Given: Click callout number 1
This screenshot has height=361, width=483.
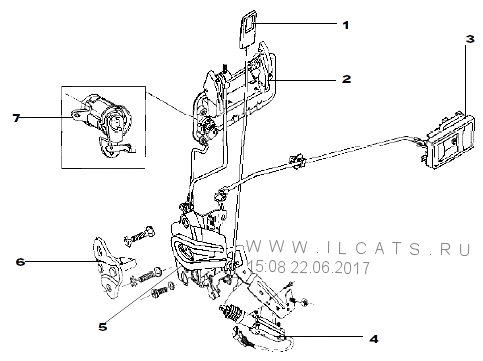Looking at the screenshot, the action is pyautogui.click(x=346, y=25).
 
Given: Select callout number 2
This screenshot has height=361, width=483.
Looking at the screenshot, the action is pyautogui.click(x=346, y=79).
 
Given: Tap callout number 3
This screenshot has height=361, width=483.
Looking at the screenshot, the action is pyautogui.click(x=470, y=39).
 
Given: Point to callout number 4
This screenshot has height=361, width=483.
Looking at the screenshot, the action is pyautogui.click(x=374, y=339).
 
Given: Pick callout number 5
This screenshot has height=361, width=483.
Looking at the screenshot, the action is pyautogui.click(x=103, y=327).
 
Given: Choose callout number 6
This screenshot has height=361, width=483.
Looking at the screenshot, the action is pyautogui.click(x=20, y=262).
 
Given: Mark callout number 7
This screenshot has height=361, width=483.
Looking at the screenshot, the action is pyautogui.click(x=17, y=118).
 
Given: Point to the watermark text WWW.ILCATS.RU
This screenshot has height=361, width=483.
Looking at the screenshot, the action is pyautogui.click(x=359, y=248).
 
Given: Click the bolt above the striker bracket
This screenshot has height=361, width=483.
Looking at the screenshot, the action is pyautogui.click(x=139, y=236).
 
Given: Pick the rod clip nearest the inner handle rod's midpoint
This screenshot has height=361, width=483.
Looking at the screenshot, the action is pyautogui.click(x=297, y=161).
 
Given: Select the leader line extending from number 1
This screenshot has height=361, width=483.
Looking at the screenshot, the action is pyautogui.click(x=296, y=23).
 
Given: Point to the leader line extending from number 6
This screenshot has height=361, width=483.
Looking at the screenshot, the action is pyautogui.click(x=62, y=262).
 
